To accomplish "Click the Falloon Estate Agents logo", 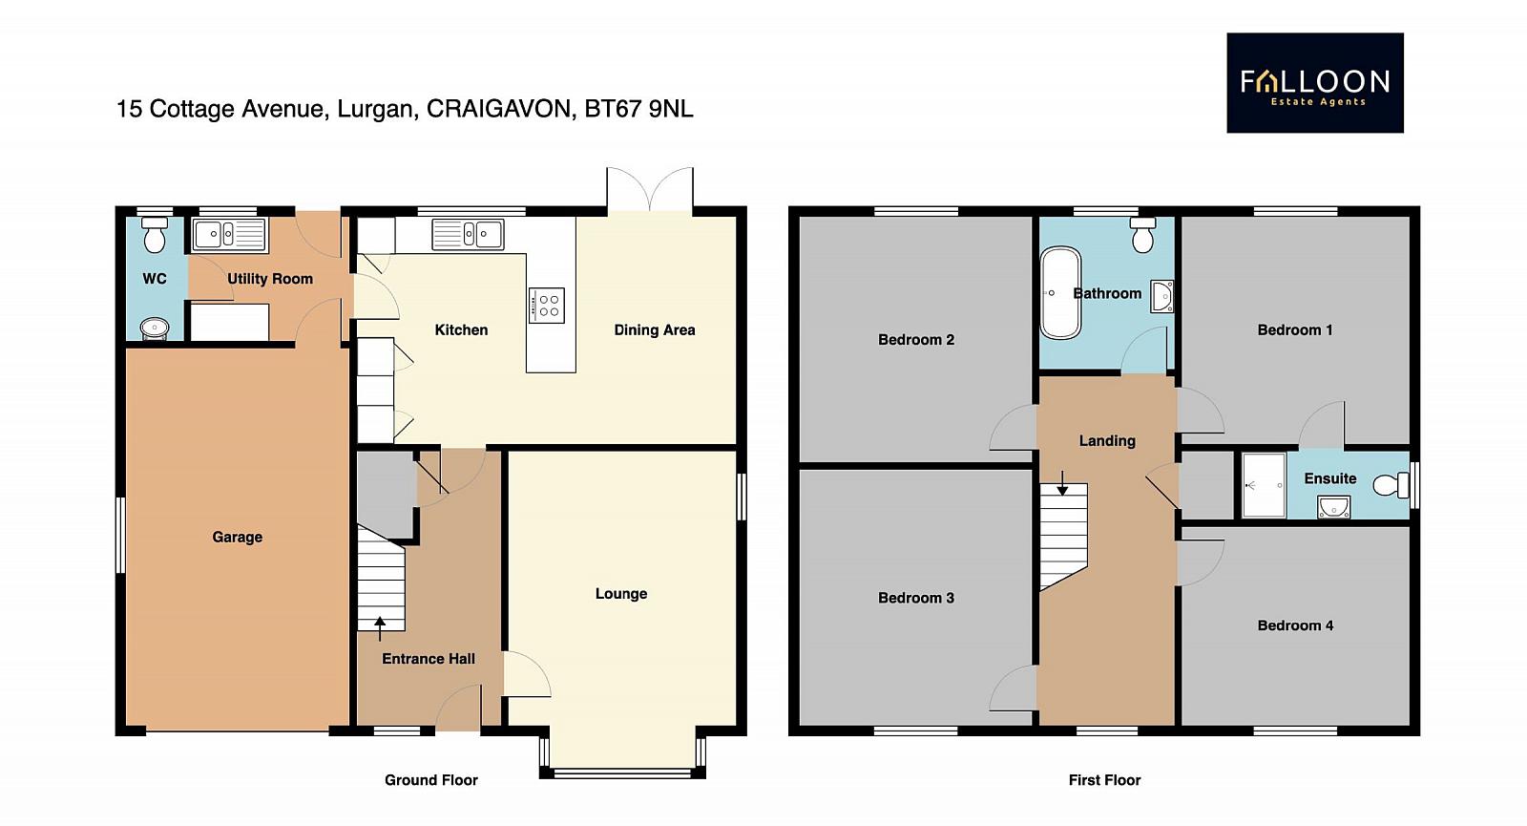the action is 1315,82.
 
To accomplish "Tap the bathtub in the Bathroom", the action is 1060,292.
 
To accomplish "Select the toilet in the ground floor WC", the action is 155,235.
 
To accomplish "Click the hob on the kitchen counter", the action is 547,306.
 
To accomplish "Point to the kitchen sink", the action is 469,234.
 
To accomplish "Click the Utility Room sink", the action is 229,235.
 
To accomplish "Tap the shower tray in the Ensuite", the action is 1264,485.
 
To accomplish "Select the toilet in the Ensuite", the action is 1391,485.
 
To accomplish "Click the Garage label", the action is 238,537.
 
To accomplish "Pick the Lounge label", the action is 621,593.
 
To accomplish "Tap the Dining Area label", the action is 655,330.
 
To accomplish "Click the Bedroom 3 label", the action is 915,598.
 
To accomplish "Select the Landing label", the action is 1107,440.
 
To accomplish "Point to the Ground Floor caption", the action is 430,779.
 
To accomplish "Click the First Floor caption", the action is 1104,779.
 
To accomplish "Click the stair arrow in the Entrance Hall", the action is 380,629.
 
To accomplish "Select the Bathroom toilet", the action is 1142,235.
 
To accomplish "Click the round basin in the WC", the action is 155,328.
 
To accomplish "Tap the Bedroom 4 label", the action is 1295,625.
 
